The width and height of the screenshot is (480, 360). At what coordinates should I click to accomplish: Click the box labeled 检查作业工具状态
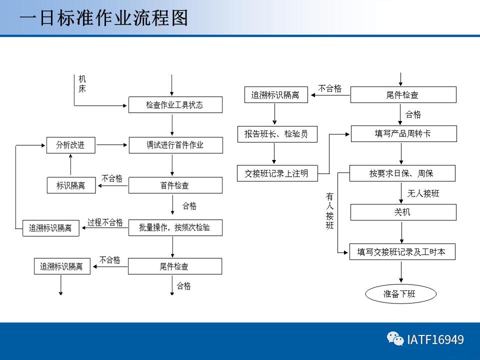tap(175, 105)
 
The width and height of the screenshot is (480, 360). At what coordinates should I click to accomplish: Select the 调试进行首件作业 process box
tap(175, 145)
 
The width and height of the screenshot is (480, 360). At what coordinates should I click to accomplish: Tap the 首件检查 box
tap(175, 185)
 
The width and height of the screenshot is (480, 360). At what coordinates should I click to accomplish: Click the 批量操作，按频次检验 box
tap(175, 228)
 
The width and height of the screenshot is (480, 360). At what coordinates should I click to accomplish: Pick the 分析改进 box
tap(70, 145)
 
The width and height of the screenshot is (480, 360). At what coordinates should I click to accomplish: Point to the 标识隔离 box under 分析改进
tap(70, 185)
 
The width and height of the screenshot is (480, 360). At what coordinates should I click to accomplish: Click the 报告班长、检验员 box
tap(276, 134)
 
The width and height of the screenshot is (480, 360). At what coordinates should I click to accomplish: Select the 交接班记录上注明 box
tap(276, 173)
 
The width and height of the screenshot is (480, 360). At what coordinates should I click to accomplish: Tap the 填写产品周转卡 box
tap(403, 134)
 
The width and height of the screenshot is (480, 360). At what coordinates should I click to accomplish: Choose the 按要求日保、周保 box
tap(402, 173)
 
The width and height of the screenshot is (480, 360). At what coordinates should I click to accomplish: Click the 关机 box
tap(403, 212)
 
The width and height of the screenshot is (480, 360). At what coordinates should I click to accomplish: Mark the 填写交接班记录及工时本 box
tap(403, 252)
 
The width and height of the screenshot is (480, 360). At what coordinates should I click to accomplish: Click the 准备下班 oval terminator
tap(399, 294)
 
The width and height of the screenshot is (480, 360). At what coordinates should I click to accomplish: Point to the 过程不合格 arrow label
tap(105, 222)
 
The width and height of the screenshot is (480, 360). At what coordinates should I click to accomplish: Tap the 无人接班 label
tap(423, 193)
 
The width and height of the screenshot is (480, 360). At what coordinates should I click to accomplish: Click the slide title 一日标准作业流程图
tap(104, 18)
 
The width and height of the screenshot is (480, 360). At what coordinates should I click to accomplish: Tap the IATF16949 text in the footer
tap(435, 340)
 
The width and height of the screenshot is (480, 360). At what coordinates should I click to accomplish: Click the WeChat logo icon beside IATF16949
tap(395, 339)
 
